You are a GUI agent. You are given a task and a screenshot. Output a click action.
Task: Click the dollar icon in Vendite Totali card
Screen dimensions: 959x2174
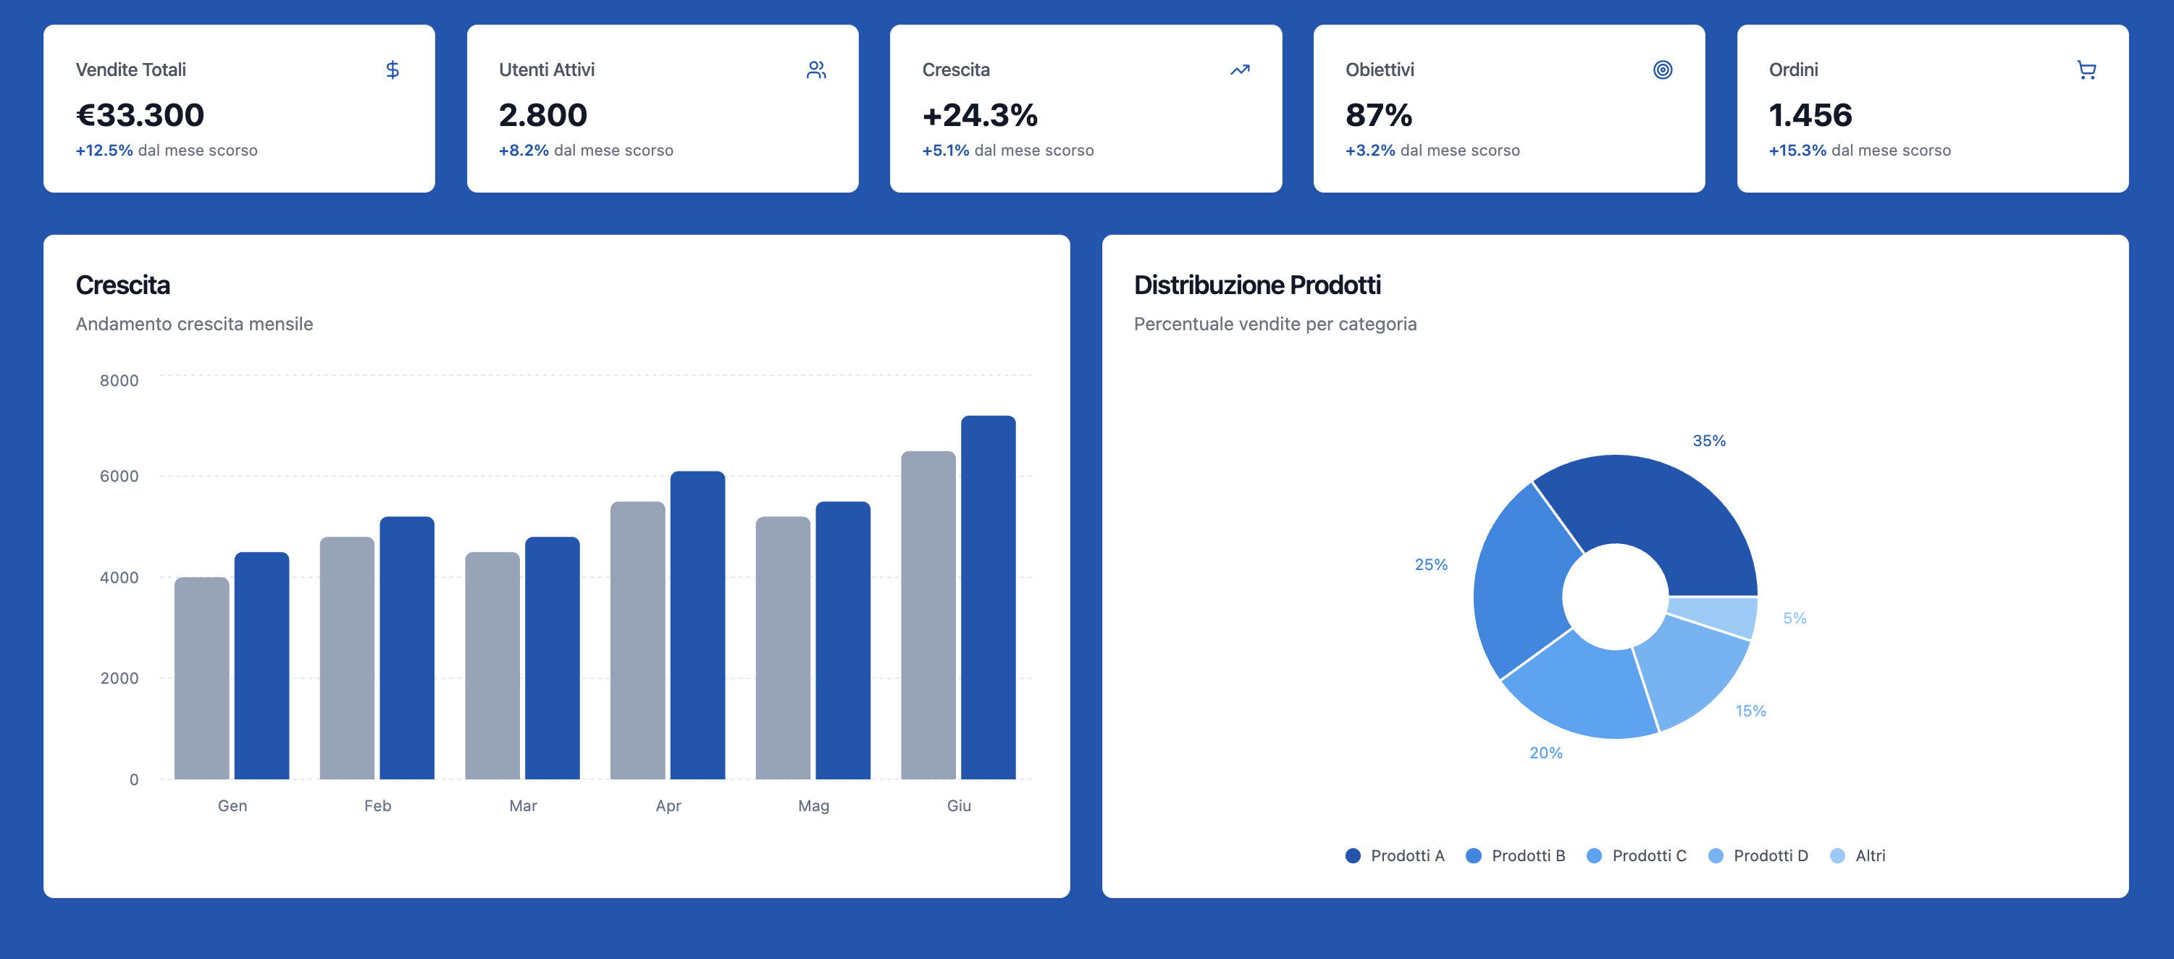coord(393,70)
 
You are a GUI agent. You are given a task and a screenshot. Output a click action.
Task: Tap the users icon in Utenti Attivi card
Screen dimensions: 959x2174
coord(815,70)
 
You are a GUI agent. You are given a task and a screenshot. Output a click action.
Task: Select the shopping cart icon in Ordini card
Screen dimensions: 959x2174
coord(2086,70)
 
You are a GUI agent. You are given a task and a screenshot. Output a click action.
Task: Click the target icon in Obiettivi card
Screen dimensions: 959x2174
coord(1662,70)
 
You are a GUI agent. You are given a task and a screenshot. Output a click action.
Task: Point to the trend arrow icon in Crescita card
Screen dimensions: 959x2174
coord(1239,70)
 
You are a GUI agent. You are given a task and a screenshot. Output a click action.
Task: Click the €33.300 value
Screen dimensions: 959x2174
coord(140,115)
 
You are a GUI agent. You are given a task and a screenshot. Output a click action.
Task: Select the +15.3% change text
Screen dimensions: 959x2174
coord(1797,150)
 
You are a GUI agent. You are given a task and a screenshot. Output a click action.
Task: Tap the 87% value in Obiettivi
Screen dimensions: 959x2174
coord(1378,115)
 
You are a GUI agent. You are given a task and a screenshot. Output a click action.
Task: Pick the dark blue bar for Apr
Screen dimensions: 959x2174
coord(697,624)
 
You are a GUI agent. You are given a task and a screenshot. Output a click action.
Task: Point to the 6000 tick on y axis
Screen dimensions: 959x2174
coord(119,476)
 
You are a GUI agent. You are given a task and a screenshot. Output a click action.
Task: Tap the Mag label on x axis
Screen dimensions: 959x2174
coord(813,805)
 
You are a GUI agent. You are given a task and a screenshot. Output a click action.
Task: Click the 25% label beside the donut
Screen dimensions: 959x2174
coord(1430,564)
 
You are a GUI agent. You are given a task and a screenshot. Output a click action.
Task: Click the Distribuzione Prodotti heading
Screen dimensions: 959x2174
coord(1256,285)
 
